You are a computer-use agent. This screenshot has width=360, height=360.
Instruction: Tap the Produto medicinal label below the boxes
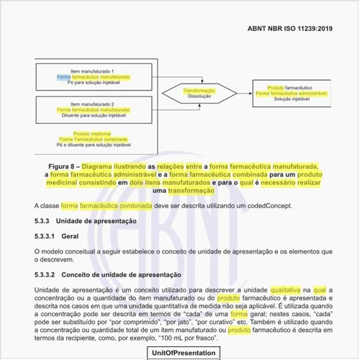point(91,133)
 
